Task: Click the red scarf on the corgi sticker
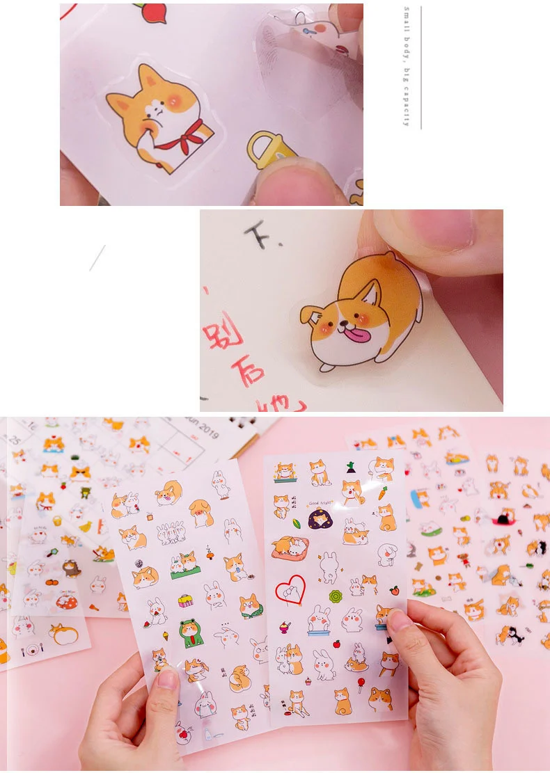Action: (x=180, y=137)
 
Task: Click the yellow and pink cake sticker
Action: (x=185, y=600)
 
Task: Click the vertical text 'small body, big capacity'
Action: (x=407, y=66)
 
